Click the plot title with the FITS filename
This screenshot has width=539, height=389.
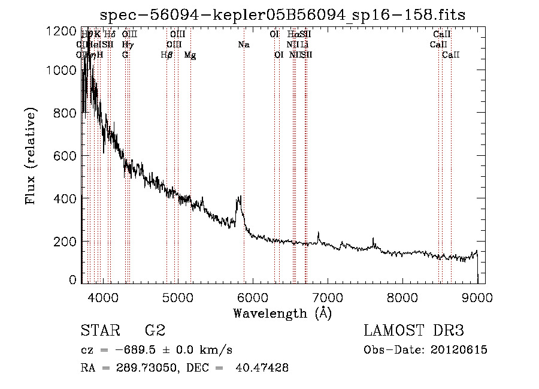pos(282,15)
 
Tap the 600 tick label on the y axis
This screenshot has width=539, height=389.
pos(61,155)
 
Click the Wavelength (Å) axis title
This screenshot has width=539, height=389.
pos(282,313)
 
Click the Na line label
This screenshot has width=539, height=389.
pos(243,45)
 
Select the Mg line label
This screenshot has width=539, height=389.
pos(190,55)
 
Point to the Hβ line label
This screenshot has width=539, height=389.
pos(167,55)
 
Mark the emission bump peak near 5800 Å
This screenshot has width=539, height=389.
pos(239,197)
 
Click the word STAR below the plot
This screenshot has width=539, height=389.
pos(99,331)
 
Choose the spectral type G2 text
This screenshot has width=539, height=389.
pos(155,331)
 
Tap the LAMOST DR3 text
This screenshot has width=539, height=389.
pos(414,331)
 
